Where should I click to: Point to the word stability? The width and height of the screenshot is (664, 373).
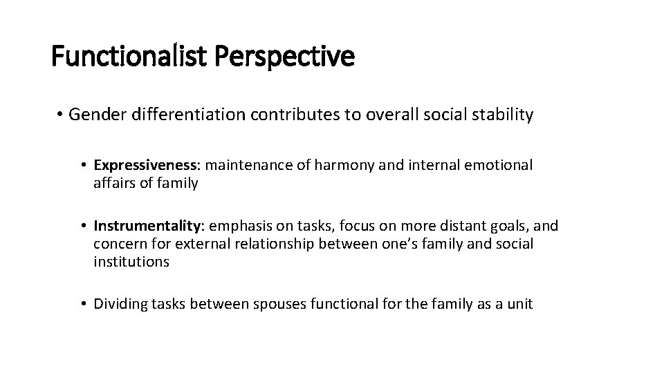504,115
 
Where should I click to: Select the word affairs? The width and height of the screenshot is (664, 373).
115,183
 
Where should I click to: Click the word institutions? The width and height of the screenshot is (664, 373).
131,262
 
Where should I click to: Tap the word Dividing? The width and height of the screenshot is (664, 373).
118,304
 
